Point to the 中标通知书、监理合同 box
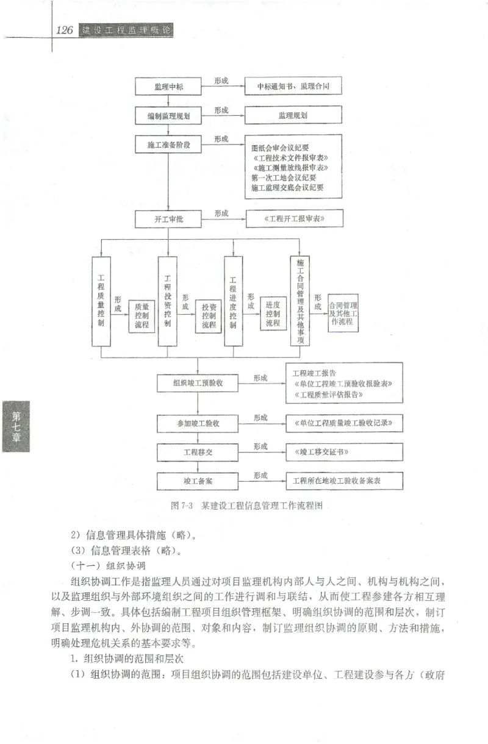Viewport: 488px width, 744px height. (x=293, y=86)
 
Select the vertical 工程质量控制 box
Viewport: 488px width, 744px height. (x=101, y=302)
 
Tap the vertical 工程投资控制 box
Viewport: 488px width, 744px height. (x=167, y=302)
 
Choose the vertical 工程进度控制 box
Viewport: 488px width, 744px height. (x=233, y=302)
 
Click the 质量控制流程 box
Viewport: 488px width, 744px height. (x=142, y=316)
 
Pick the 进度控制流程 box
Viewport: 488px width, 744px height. (x=273, y=313)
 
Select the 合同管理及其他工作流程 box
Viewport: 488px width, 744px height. (x=343, y=312)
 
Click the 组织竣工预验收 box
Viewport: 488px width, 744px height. (x=198, y=383)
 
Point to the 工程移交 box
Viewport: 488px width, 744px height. (x=198, y=452)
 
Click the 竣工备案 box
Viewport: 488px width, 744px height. (x=198, y=481)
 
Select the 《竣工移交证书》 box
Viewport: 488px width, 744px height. (x=344, y=452)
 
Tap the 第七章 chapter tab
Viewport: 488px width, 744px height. (x=16, y=426)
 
